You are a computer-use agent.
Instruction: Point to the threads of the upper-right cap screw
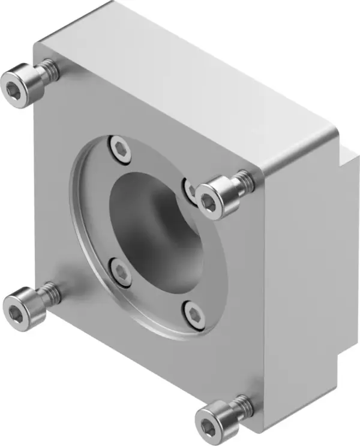pos(244,180)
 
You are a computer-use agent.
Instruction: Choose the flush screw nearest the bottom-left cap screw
pos(122,273)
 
